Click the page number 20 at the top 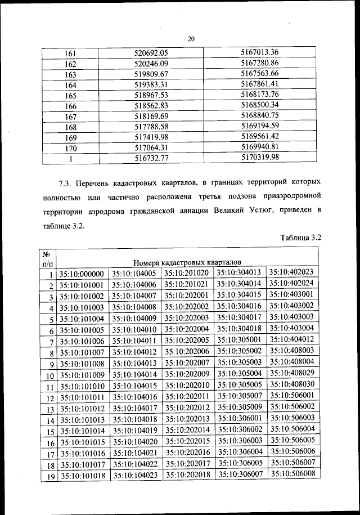(x=190, y=39)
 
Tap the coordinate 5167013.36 (x=259, y=52)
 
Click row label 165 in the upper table (x=70, y=96)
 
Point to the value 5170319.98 (x=259, y=158)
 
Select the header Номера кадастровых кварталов (x=187, y=262)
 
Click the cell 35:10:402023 (x=291, y=272)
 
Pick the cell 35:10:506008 (x=292, y=473)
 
